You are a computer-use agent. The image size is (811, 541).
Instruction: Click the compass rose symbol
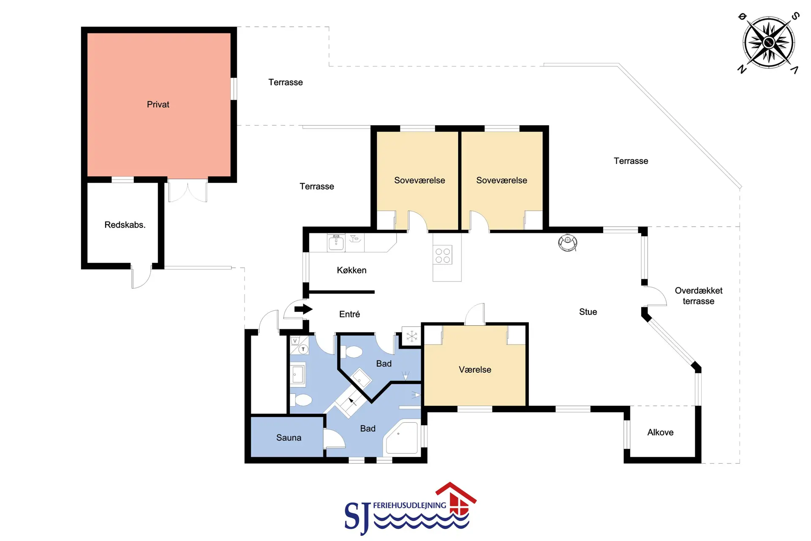pyautogui.click(x=769, y=42)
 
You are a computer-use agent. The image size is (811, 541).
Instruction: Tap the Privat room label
pyautogui.click(x=158, y=104)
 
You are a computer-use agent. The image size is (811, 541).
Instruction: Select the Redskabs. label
pyautogui.click(x=125, y=225)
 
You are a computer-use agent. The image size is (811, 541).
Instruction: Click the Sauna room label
pyautogui.click(x=289, y=438)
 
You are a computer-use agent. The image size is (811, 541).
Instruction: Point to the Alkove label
pyautogui.click(x=660, y=432)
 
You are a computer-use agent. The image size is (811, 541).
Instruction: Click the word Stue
pyautogui.click(x=588, y=312)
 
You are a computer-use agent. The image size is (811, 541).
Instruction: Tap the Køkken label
pyautogui.click(x=351, y=270)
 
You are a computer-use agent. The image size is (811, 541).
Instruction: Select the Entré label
pyautogui.click(x=349, y=314)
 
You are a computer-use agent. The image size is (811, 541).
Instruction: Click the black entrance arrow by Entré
pyautogui.click(x=303, y=309)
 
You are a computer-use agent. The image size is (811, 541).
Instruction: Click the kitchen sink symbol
pyautogui.click(x=336, y=243)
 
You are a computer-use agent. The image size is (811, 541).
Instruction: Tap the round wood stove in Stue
pyautogui.click(x=568, y=243)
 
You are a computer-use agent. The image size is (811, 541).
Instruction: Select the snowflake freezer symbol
pyautogui.click(x=411, y=336)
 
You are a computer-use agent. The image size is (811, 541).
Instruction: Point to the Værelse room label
pyautogui.click(x=475, y=370)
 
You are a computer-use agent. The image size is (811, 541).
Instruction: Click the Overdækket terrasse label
pyautogui.click(x=699, y=296)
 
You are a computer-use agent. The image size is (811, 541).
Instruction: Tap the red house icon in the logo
pyautogui.click(x=457, y=499)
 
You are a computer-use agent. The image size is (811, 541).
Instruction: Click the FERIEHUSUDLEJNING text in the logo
pyautogui.click(x=409, y=505)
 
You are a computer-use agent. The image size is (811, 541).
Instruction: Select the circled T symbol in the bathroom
pyautogui.click(x=303, y=350)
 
